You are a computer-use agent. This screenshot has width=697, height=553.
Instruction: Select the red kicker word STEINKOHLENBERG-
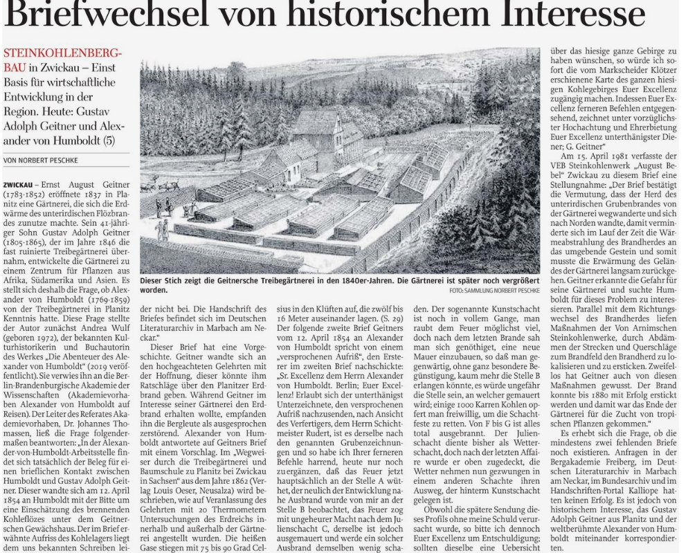63,54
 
